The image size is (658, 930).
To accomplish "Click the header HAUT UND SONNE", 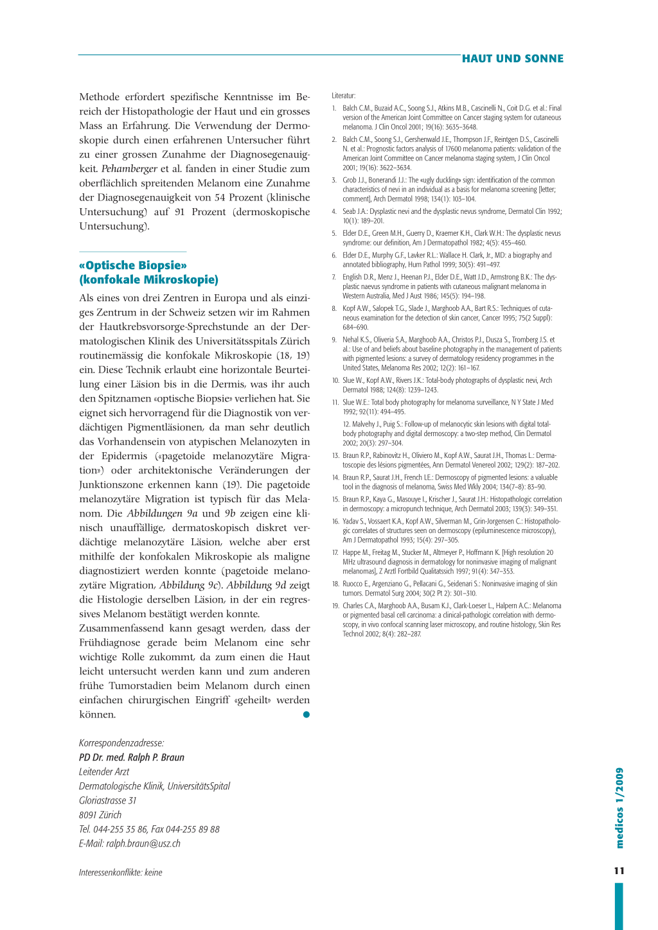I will point(512,58).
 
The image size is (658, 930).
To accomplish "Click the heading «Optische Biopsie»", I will point(133,265).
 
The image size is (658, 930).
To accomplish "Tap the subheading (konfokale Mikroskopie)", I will point(148,279).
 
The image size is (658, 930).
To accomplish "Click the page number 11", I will point(619,871).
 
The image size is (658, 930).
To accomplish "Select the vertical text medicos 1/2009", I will point(619,808).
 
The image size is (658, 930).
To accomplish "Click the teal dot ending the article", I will point(307,714).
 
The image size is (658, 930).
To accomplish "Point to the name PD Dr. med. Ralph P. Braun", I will point(132,757).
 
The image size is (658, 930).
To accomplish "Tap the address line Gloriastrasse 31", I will point(108,800).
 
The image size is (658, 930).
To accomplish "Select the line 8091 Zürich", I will point(100,814).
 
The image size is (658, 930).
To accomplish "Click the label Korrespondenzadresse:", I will point(121,743).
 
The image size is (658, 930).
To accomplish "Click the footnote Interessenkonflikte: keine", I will point(121,872).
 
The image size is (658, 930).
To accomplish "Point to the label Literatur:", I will point(344,96).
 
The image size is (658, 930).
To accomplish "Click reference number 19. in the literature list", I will point(335,606).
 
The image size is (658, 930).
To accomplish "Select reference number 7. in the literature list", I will point(334,277).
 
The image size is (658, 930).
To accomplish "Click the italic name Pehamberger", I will point(129,169).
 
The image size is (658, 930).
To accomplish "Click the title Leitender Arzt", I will point(104,771).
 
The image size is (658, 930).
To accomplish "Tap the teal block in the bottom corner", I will point(619,906).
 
